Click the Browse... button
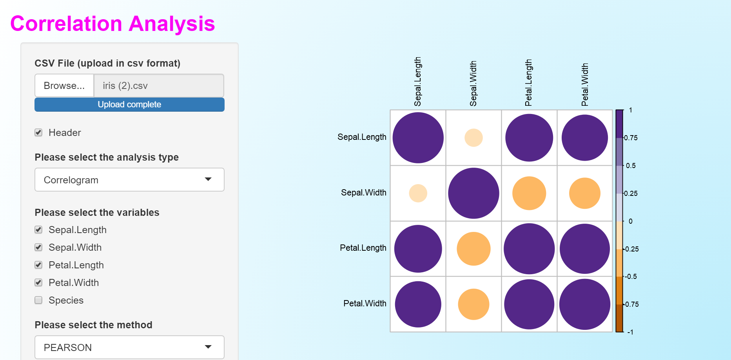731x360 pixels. click(x=64, y=85)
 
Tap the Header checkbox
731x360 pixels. click(x=38, y=132)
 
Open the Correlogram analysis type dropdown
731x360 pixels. click(x=129, y=180)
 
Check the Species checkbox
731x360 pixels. click(x=38, y=300)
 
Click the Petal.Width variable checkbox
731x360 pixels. click(x=38, y=282)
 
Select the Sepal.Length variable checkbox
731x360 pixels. click(x=38, y=230)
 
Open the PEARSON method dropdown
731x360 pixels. click(x=129, y=347)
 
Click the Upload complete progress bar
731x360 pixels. click(x=129, y=105)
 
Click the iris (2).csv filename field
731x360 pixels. click(x=159, y=85)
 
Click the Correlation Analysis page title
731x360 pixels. click(x=112, y=24)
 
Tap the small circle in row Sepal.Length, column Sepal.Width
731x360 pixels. click(x=473, y=138)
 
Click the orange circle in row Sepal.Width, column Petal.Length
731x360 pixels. click(x=529, y=193)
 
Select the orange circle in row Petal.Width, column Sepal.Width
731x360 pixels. click(x=473, y=304)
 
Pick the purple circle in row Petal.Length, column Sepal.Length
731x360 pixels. click(x=418, y=249)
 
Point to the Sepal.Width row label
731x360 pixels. click(x=363, y=193)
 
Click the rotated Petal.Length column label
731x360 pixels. click(x=528, y=83)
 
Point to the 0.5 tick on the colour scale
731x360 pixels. click(x=630, y=166)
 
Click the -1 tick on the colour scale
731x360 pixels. click(x=630, y=332)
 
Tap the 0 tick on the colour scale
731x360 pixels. click(x=630, y=221)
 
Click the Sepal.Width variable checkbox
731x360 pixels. click(x=38, y=247)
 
